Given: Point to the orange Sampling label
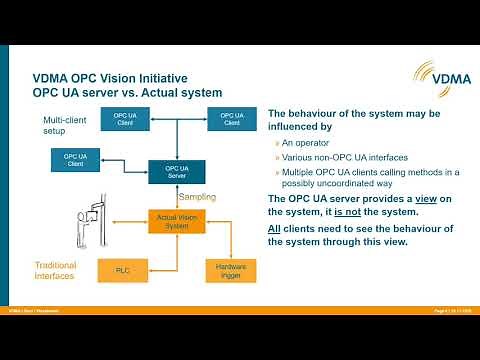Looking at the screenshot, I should (196, 196).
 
